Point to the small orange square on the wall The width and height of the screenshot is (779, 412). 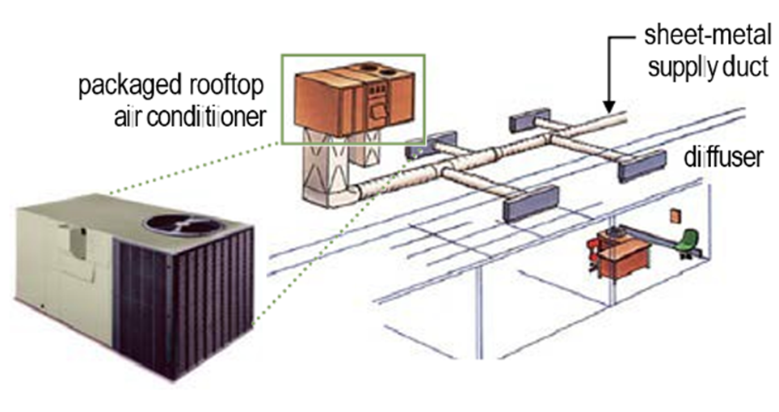coord(675,217)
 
